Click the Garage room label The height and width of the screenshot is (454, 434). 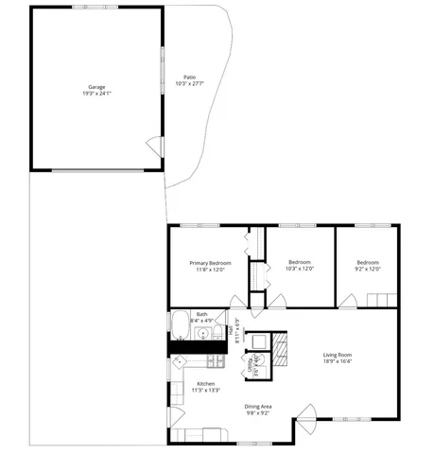click(96, 87)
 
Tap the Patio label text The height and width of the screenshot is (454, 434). click(190, 78)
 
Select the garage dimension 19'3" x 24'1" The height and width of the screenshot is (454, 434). click(96, 94)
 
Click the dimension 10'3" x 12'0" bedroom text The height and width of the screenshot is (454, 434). click(299, 269)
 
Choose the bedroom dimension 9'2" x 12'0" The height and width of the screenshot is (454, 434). click(368, 269)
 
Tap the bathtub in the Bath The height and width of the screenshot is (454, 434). click(180, 325)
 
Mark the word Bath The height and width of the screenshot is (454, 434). click(201, 314)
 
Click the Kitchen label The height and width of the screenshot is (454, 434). click(205, 383)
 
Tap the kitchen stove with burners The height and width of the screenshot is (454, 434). click(215, 361)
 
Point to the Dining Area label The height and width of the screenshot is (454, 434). click(258, 406)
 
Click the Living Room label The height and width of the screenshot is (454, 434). click(338, 355)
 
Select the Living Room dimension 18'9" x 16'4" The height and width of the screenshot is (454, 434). click(338, 361)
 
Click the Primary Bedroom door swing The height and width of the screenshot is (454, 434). click(237, 303)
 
